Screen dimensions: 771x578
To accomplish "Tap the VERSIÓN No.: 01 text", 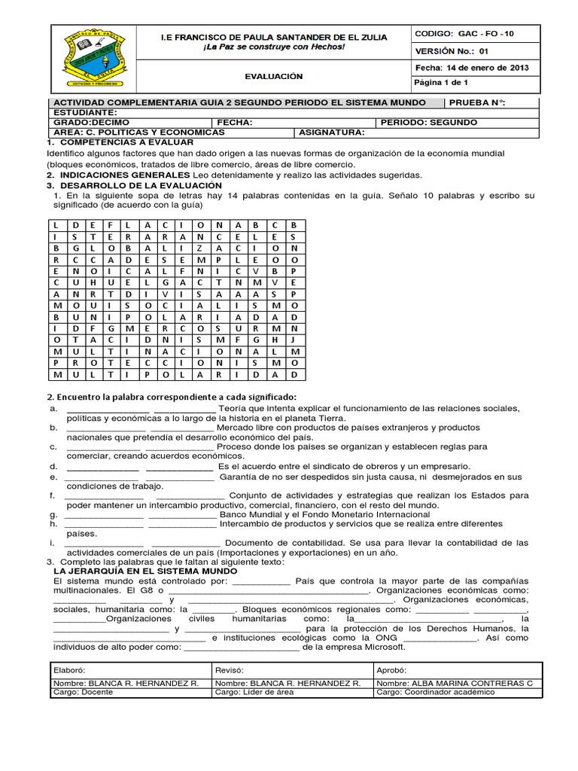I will (452, 51).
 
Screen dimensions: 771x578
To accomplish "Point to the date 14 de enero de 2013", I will (488, 68).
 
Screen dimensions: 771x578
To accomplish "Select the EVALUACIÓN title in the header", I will (273, 76).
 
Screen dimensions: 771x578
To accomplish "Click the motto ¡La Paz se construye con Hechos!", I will (274, 47).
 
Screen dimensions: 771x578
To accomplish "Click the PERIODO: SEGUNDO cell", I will (429, 122).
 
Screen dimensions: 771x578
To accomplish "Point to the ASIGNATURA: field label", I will (332, 132).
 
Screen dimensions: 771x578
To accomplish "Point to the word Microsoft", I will (382, 646).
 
